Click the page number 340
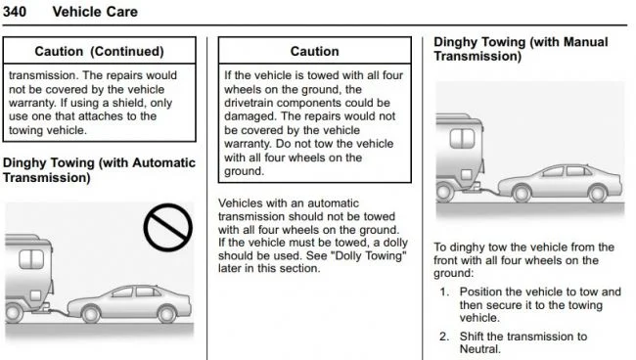tap(15, 12)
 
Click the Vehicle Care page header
tap(95, 12)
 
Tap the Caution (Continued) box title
tap(100, 52)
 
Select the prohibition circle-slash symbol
tap(168, 227)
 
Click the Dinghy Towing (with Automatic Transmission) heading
tap(99, 170)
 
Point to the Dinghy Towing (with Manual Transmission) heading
tap(521, 49)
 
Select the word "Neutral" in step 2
tap(478, 349)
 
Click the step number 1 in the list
tap(444, 292)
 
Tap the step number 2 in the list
tap(444, 337)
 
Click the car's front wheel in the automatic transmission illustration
tap(90, 314)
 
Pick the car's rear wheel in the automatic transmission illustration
tap(166, 314)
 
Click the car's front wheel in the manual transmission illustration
tap(522, 193)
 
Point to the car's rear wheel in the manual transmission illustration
tap(598, 193)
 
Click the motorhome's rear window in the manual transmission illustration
tap(462, 139)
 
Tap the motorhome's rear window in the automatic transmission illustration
tap(31, 259)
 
